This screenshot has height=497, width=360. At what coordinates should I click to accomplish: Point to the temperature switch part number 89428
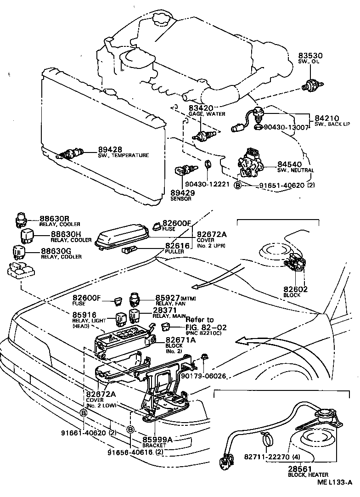point(109,149)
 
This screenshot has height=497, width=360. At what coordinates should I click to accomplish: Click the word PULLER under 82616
point(174,252)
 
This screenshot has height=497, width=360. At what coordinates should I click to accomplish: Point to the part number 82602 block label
point(296,289)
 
